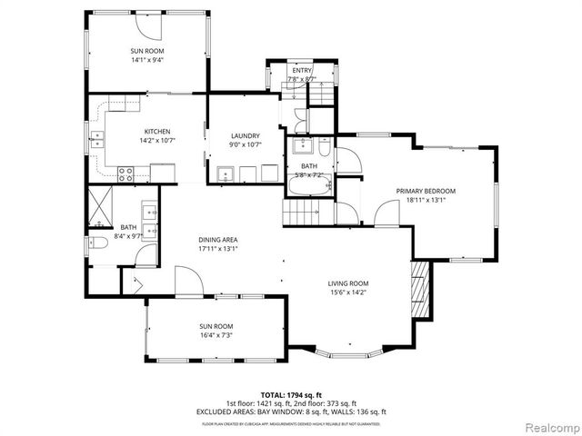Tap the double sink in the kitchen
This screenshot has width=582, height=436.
pos(96,140)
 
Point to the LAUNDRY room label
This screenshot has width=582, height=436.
pos(245,135)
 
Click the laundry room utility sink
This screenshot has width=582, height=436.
pos(225,173)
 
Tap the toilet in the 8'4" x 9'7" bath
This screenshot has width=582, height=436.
pos(95,243)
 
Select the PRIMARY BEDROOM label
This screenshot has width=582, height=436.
pos(425,191)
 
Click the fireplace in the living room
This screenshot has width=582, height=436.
pos(420,284)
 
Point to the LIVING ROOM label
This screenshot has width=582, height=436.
pos(347,284)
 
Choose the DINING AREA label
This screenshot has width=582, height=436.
pos(218,239)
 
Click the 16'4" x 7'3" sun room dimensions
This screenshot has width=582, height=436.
pos(216,335)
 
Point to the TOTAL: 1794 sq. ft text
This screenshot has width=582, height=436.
pos(291,394)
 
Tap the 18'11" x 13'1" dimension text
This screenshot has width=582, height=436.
pos(425,200)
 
